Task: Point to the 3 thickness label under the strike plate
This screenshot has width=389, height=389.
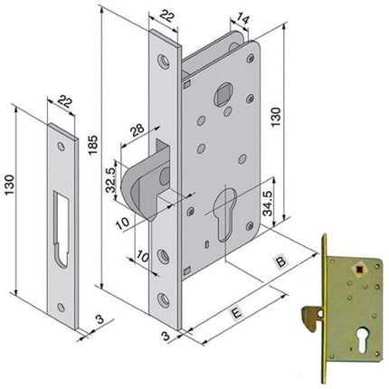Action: [97, 319]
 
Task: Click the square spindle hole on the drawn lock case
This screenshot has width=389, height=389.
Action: [224, 94]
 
